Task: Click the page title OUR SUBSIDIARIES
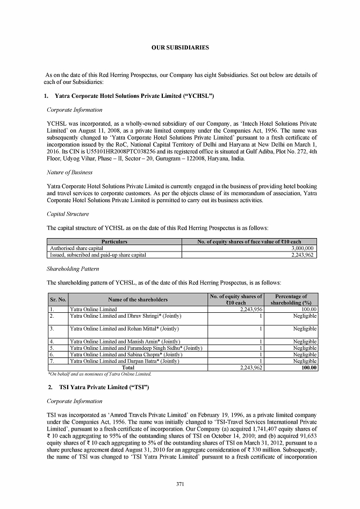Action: (x=180, y=48)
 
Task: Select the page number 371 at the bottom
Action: (x=181, y=485)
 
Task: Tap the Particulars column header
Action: (x=114, y=242)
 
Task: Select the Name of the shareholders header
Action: (x=138, y=299)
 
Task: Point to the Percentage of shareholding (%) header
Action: (x=291, y=299)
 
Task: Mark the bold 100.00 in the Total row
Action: (x=308, y=368)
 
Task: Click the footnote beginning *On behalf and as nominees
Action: (x=100, y=374)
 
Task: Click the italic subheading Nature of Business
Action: (x=70, y=173)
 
